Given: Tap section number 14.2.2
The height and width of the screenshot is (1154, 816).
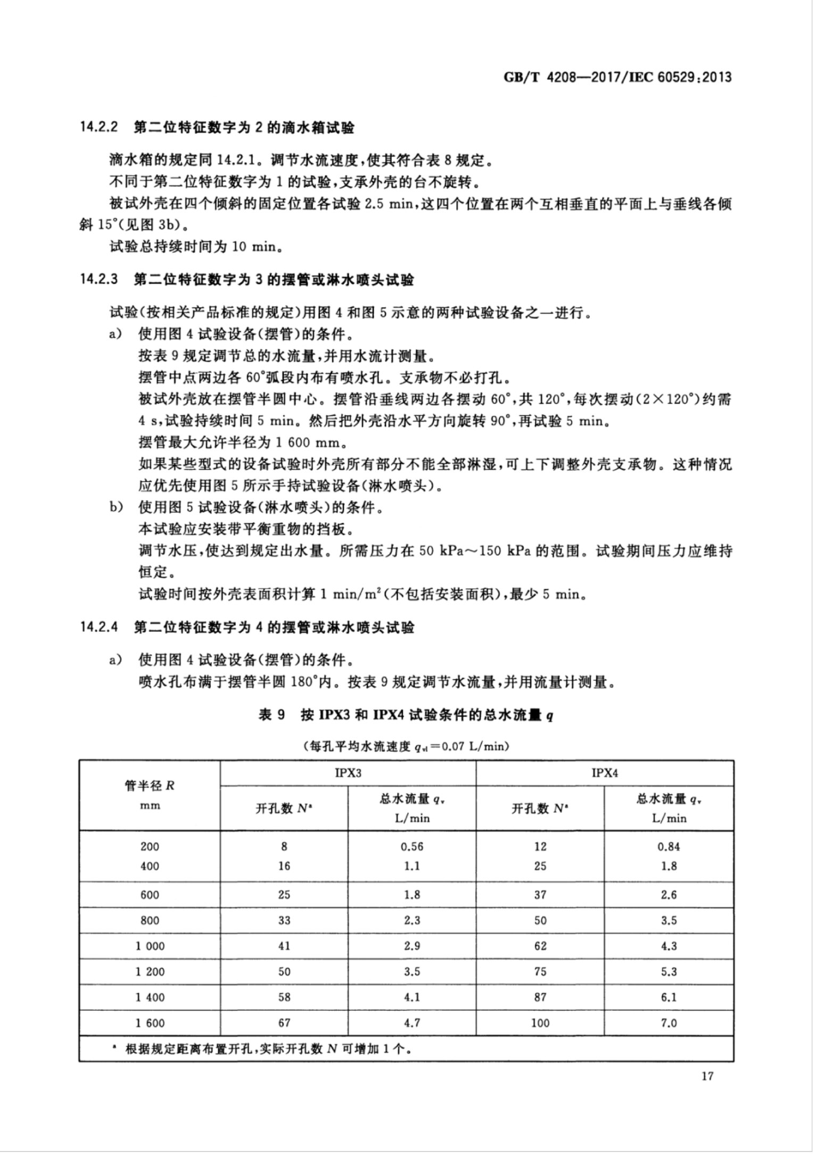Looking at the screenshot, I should tap(98, 128).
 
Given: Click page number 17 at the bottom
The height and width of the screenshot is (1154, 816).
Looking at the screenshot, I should tap(707, 1076).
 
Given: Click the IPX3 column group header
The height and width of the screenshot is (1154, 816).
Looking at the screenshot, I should tap(348, 773).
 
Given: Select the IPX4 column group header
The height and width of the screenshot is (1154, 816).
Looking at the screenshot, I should tap(605, 773).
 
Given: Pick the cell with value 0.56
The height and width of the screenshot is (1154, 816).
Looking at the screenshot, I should tap(412, 846).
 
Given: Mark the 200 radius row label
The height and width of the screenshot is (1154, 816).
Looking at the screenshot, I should tap(150, 846).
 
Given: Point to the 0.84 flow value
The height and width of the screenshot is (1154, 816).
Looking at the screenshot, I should tap(669, 846).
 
